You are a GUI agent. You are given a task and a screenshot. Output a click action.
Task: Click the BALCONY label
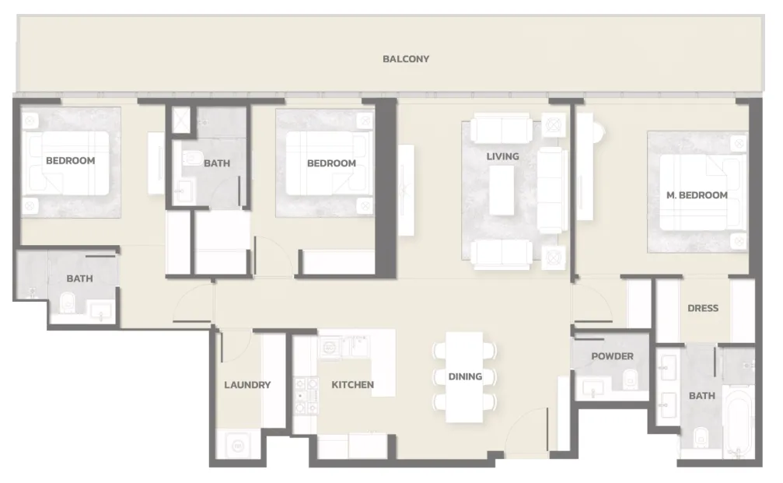pos(405,59)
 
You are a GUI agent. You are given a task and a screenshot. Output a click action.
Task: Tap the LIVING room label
pos(502,156)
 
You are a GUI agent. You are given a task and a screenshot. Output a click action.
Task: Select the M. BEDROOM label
pos(697,195)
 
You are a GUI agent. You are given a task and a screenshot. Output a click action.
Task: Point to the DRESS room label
pos(703,308)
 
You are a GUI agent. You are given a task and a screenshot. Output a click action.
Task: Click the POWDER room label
pos(612,356)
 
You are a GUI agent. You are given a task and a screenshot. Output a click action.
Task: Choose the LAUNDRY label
pos(247,384)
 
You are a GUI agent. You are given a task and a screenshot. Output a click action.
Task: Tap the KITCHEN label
pos(352,384)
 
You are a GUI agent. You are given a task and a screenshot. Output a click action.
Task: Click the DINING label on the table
pos(465,376)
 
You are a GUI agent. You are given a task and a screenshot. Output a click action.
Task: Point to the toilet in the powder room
pos(630,379)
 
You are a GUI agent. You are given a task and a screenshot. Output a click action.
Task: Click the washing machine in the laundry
pos(238,445)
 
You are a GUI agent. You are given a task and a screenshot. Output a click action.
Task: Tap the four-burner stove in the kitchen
pos(306,396)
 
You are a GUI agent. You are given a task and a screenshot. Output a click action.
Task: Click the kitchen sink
pos(330,346)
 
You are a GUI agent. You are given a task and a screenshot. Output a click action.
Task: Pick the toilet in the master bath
pos(701,436)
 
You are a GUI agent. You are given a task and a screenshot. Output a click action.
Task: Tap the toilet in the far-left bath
pos(66,303)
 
